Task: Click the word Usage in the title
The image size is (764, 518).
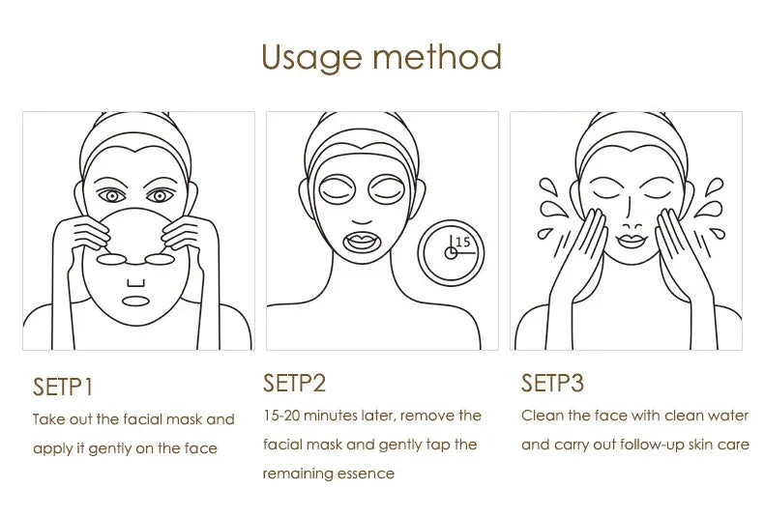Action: (x=309, y=57)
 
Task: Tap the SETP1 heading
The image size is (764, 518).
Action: (x=63, y=388)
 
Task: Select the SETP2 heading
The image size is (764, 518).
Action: (x=294, y=383)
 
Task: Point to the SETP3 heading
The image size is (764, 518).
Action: (x=552, y=383)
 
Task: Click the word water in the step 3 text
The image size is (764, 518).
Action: (x=726, y=416)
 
